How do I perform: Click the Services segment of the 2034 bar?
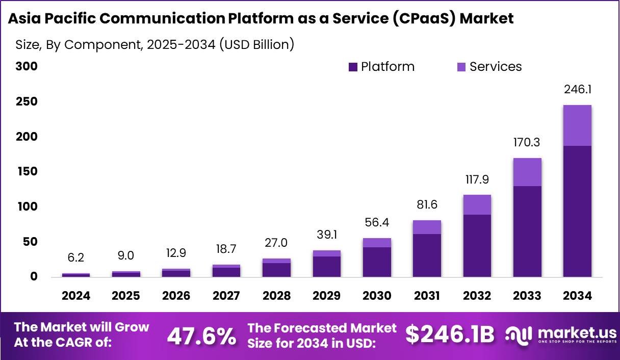577,125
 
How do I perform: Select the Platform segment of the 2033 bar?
527,232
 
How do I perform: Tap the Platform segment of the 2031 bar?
427,255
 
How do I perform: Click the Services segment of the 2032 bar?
477,205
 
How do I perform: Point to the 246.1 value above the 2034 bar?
577,89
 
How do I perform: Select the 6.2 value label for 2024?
76,259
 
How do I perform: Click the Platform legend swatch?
353,67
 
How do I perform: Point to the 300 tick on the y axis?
26,67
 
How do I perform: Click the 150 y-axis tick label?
26,171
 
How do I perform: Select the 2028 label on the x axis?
276,296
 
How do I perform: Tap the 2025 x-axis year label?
126,296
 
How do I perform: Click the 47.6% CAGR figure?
201,336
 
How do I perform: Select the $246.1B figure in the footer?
450,335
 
